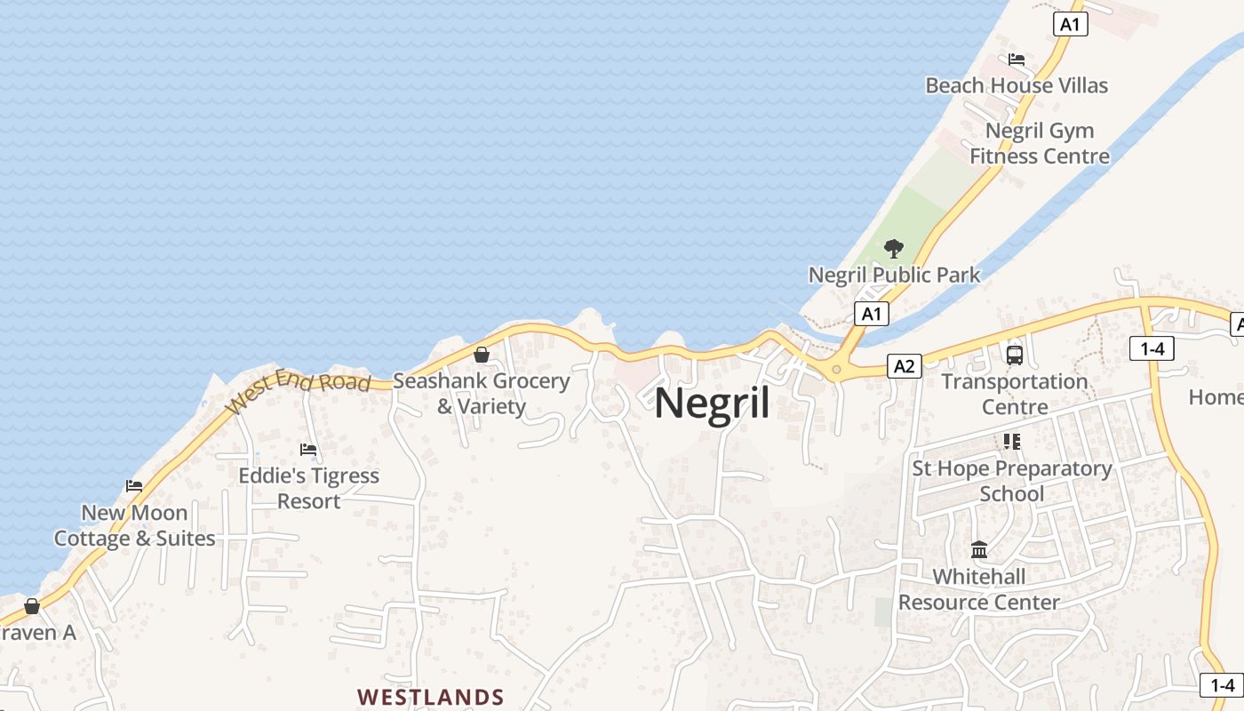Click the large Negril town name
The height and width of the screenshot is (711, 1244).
[712, 403]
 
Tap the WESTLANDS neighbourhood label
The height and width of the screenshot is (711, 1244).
[431, 697]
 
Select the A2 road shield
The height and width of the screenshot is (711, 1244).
[904, 365]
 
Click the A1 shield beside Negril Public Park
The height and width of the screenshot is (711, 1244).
[871, 313]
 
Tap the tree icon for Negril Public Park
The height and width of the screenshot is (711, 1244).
[894, 249]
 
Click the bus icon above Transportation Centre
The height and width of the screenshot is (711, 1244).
[1015, 355]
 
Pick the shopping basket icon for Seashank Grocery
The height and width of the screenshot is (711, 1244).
[482, 355]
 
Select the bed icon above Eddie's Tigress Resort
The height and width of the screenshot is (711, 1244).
[308, 450]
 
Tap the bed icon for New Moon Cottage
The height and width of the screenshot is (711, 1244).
[134, 486]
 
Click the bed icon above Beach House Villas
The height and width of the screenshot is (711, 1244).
[1017, 60]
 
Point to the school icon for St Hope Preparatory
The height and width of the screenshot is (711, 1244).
[1011, 441]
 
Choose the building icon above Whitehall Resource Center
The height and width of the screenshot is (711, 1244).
[979, 550]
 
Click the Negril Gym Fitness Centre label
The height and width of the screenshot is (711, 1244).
[1040, 143]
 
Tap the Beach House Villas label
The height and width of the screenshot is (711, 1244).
[1017, 85]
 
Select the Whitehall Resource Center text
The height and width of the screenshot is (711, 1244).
[979, 589]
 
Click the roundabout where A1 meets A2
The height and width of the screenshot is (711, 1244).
[836, 369]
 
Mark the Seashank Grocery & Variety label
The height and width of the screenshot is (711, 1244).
[482, 393]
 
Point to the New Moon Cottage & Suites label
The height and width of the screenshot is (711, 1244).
[135, 525]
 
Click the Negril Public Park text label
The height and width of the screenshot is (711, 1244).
[894, 275]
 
